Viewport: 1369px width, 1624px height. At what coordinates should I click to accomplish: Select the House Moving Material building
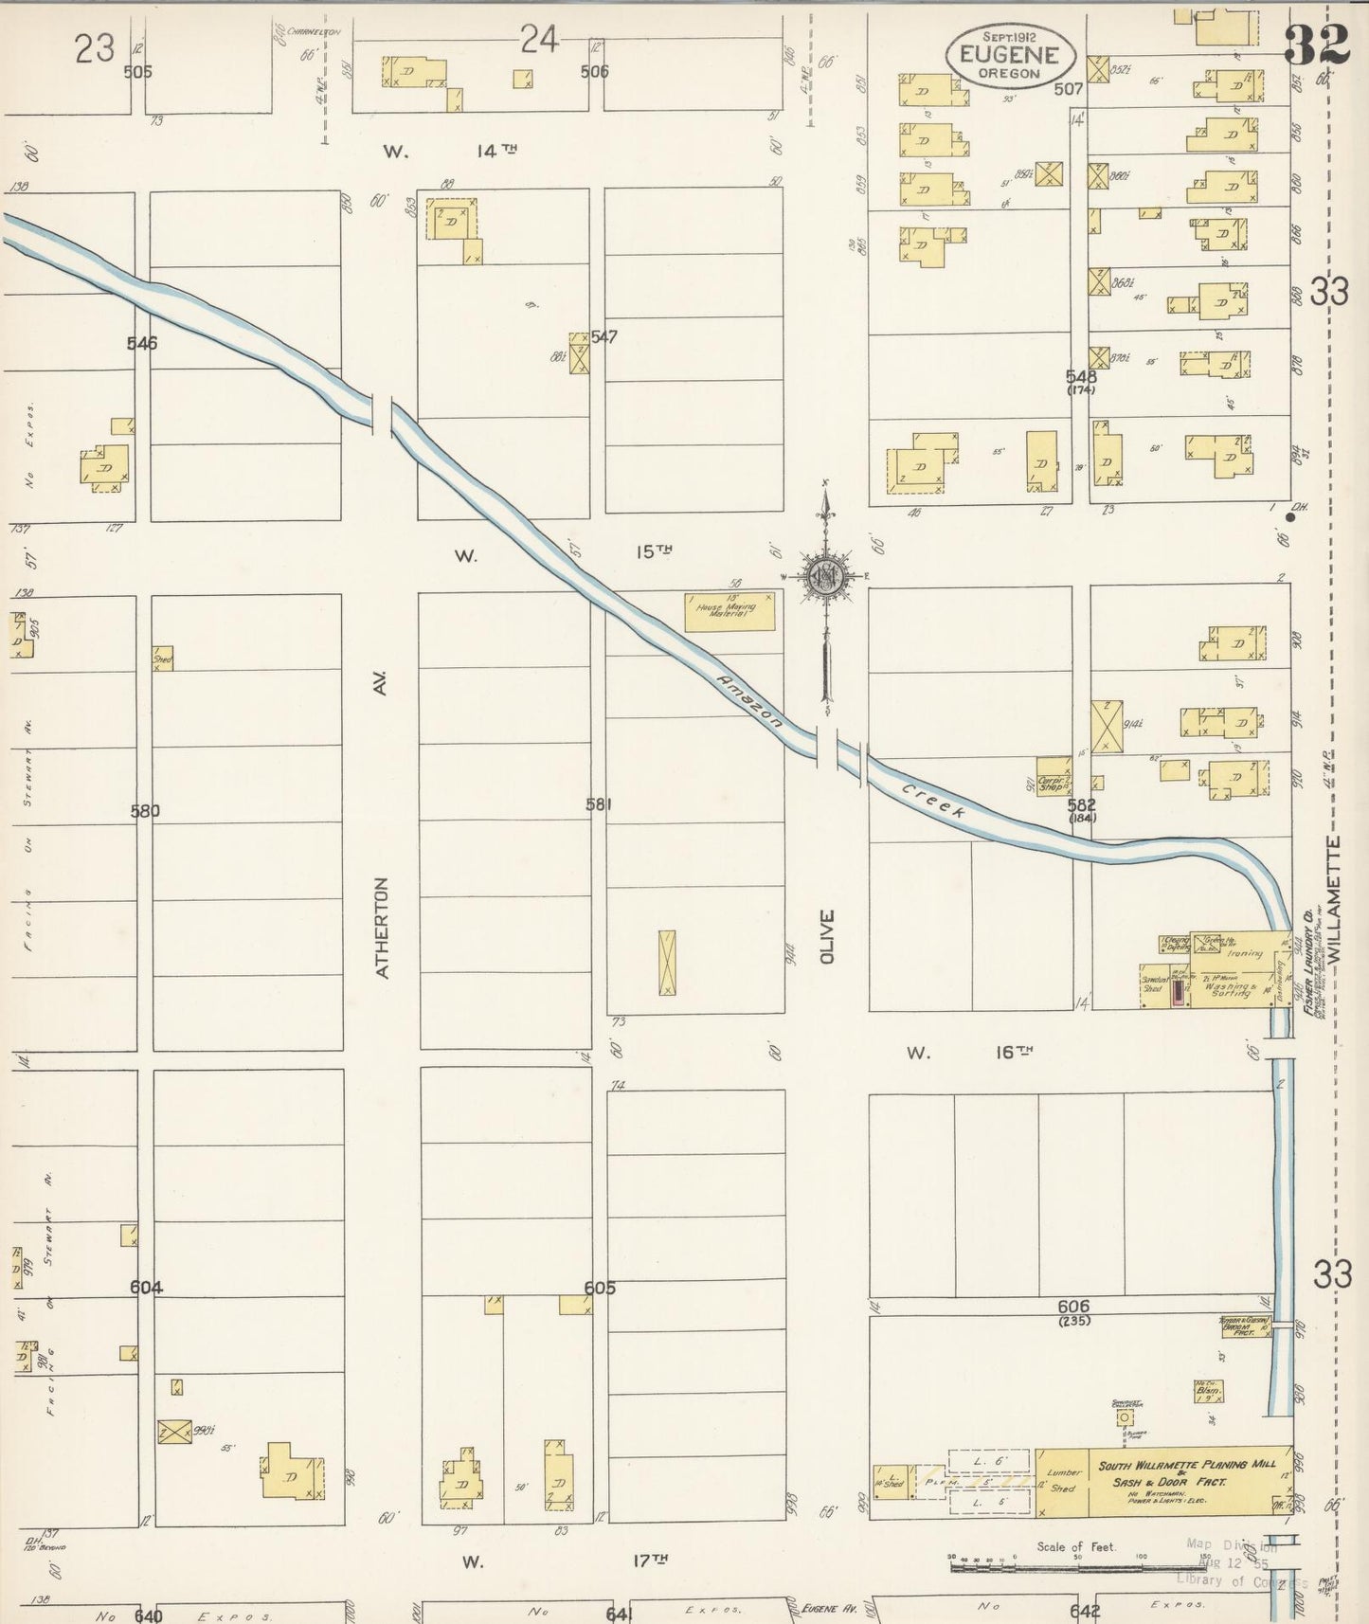point(730,612)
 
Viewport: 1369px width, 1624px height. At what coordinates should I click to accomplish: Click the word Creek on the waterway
point(934,801)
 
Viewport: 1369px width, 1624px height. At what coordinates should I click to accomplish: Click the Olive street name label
point(827,937)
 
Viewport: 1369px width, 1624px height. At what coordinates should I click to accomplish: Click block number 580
point(146,811)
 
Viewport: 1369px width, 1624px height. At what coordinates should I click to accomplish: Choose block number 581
point(599,805)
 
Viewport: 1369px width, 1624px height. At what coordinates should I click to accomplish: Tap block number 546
point(142,343)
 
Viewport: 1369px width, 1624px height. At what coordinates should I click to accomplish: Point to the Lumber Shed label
point(1062,1480)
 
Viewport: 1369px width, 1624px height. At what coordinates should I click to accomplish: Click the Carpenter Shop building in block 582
point(1054,775)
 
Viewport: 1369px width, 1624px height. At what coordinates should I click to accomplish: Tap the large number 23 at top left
point(95,47)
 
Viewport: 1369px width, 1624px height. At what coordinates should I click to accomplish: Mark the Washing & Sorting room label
point(1229,988)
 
